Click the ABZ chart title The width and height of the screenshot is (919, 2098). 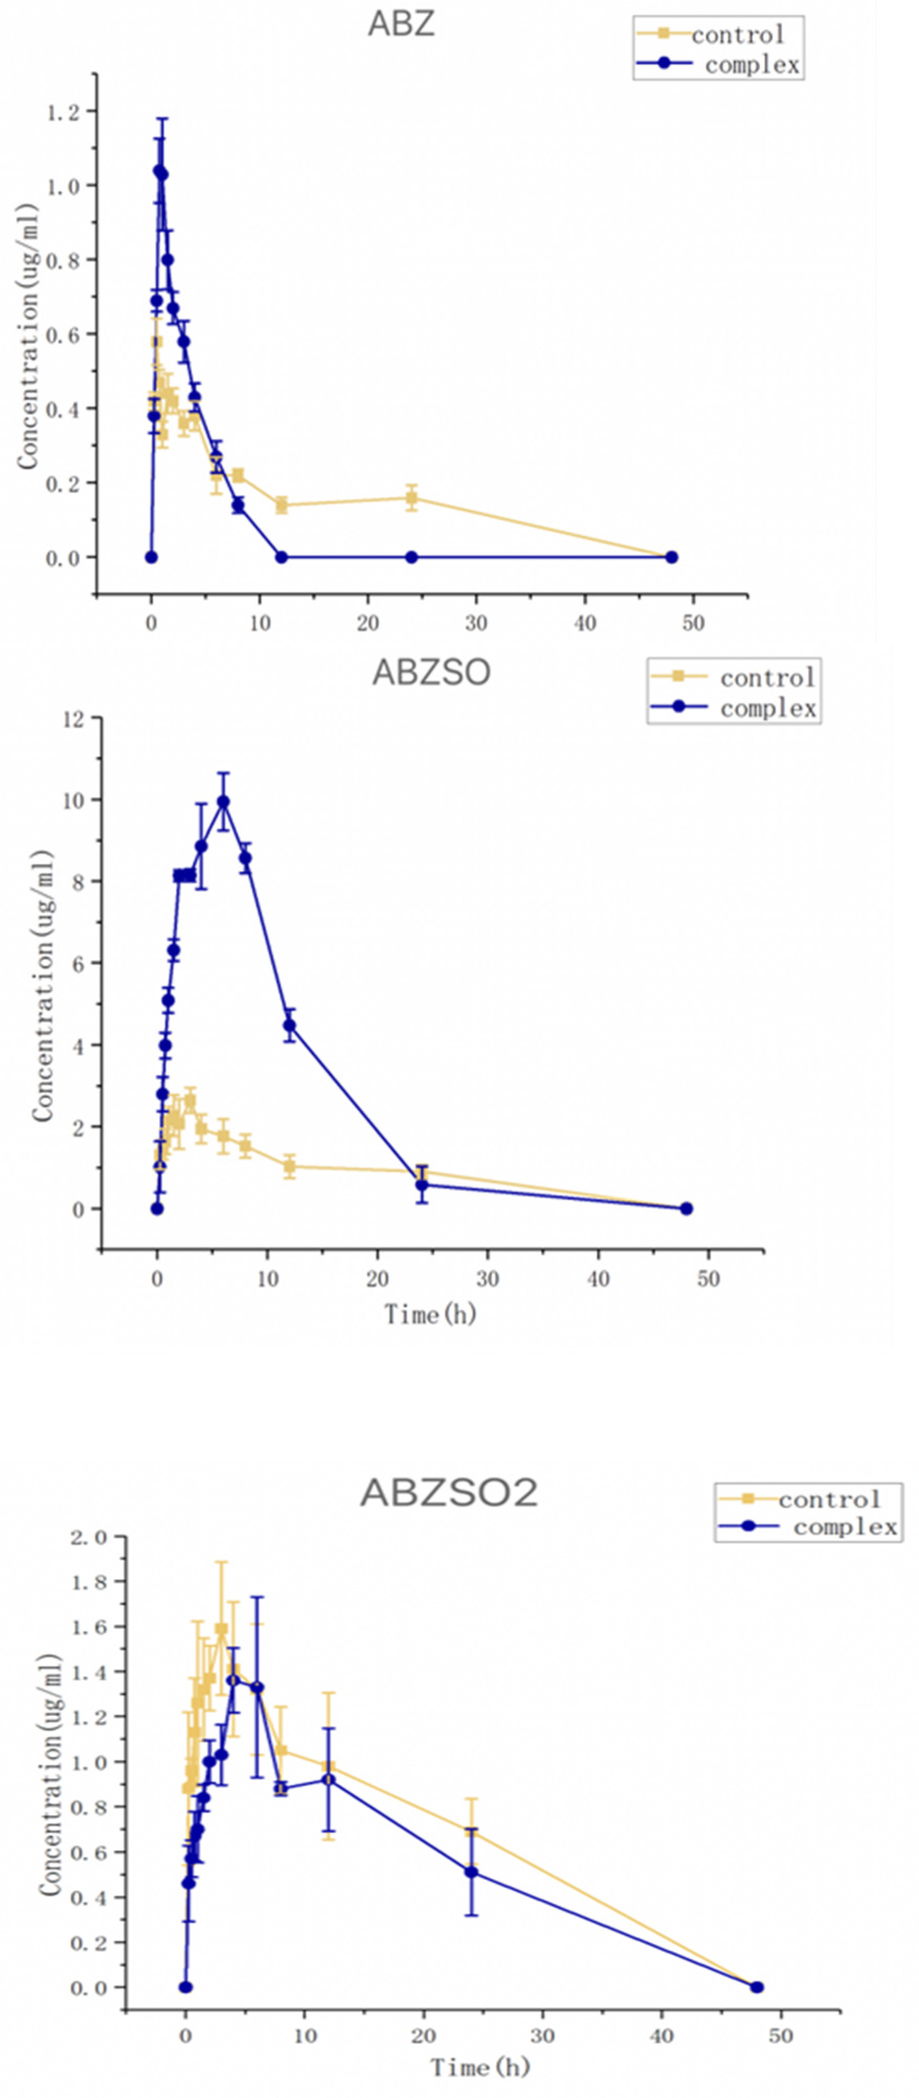[x=401, y=23]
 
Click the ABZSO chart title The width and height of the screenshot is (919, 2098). [x=431, y=673]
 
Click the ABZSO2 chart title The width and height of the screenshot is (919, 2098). [x=449, y=1493]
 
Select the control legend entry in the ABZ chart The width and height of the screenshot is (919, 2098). [x=736, y=34]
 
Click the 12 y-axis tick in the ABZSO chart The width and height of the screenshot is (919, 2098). [x=75, y=718]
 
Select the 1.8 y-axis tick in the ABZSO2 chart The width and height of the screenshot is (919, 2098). [x=88, y=1581]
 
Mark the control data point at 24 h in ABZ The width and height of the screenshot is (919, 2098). [x=412, y=498]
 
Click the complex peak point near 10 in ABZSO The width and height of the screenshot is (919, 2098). [x=223, y=802]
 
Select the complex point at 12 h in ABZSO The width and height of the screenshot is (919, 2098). [x=289, y=1025]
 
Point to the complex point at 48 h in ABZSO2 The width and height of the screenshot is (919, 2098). [x=757, y=1987]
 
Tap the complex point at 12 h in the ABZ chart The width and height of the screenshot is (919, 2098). [x=282, y=557]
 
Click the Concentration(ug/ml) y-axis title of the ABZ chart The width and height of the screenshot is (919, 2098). [x=28, y=335]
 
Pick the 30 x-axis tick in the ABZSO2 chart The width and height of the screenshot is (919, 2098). [x=542, y=2035]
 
